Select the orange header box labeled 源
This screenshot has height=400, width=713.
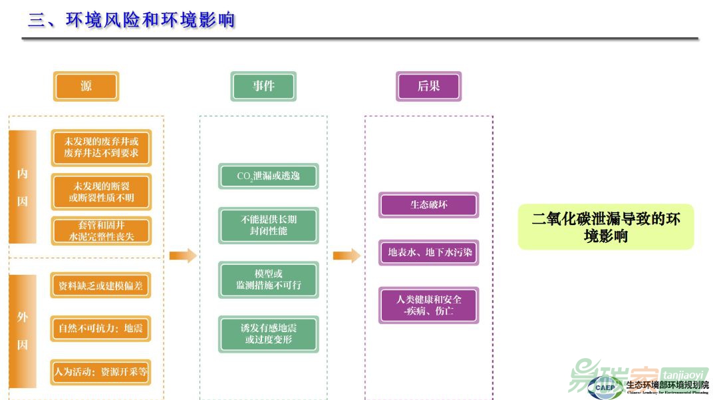(x=86, y=87)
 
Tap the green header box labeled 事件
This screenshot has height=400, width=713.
(x=263, y=87)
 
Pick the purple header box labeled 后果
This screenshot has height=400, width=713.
(x=428, y=87)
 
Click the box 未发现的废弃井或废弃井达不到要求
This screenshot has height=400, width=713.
(x=101, y=147)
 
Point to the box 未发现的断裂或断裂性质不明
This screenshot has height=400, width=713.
(x=101, y=192)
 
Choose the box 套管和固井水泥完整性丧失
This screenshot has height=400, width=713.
(x=101, y=230)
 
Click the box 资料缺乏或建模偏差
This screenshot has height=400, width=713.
(x=101, y=286)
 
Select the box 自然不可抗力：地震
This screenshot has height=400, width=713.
(x=101, y=328)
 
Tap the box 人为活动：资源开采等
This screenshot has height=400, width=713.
(x=101, y=371)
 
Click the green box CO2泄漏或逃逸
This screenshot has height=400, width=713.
(x=269, y=176)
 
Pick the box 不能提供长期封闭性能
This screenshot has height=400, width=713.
(x=269, y=225)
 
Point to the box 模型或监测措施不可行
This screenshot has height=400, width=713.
(x=269, y=280)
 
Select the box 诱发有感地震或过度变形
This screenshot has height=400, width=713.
(x=269, y=334)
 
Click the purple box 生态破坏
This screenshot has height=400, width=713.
(x=428, y=205)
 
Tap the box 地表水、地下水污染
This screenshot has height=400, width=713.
(x=428, y=252)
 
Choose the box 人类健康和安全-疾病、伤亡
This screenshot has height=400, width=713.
(x=428, y=305)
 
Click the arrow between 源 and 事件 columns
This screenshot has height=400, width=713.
(x=182, y=256)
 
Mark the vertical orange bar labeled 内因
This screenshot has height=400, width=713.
(x=23, y=187)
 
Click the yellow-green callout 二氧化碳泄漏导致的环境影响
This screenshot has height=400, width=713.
(x=605, y=227)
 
